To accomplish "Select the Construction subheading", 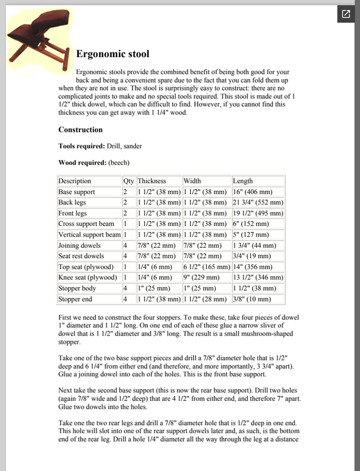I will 80,130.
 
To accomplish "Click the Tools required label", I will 81,146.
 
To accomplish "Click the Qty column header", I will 128,181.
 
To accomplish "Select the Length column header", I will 243,181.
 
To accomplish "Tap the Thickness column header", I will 152,181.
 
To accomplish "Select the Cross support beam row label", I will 86,224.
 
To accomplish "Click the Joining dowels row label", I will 81,246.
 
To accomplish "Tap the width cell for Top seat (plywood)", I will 206,267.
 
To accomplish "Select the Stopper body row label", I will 78,288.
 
